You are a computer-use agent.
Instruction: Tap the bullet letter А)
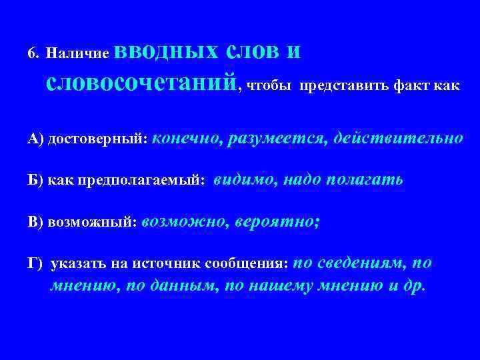tap(36, 139)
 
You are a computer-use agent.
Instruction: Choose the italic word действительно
tap(397, 138)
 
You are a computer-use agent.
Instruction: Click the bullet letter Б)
tap(36, 181)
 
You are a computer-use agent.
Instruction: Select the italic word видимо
tap(241, 181)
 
